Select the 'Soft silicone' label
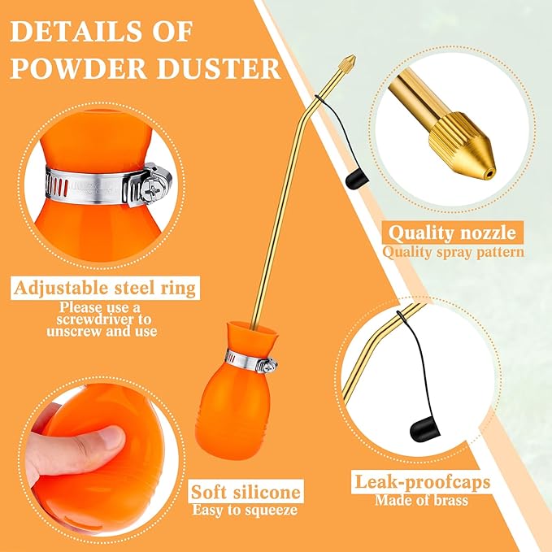pos(246,492)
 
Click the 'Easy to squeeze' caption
pos(246,511)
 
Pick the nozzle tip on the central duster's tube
pos(349,63)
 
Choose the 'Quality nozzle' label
pos(453,233)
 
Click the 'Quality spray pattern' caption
pos(453,251)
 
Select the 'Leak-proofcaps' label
pos(421,482)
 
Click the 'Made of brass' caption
pos(421,500)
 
